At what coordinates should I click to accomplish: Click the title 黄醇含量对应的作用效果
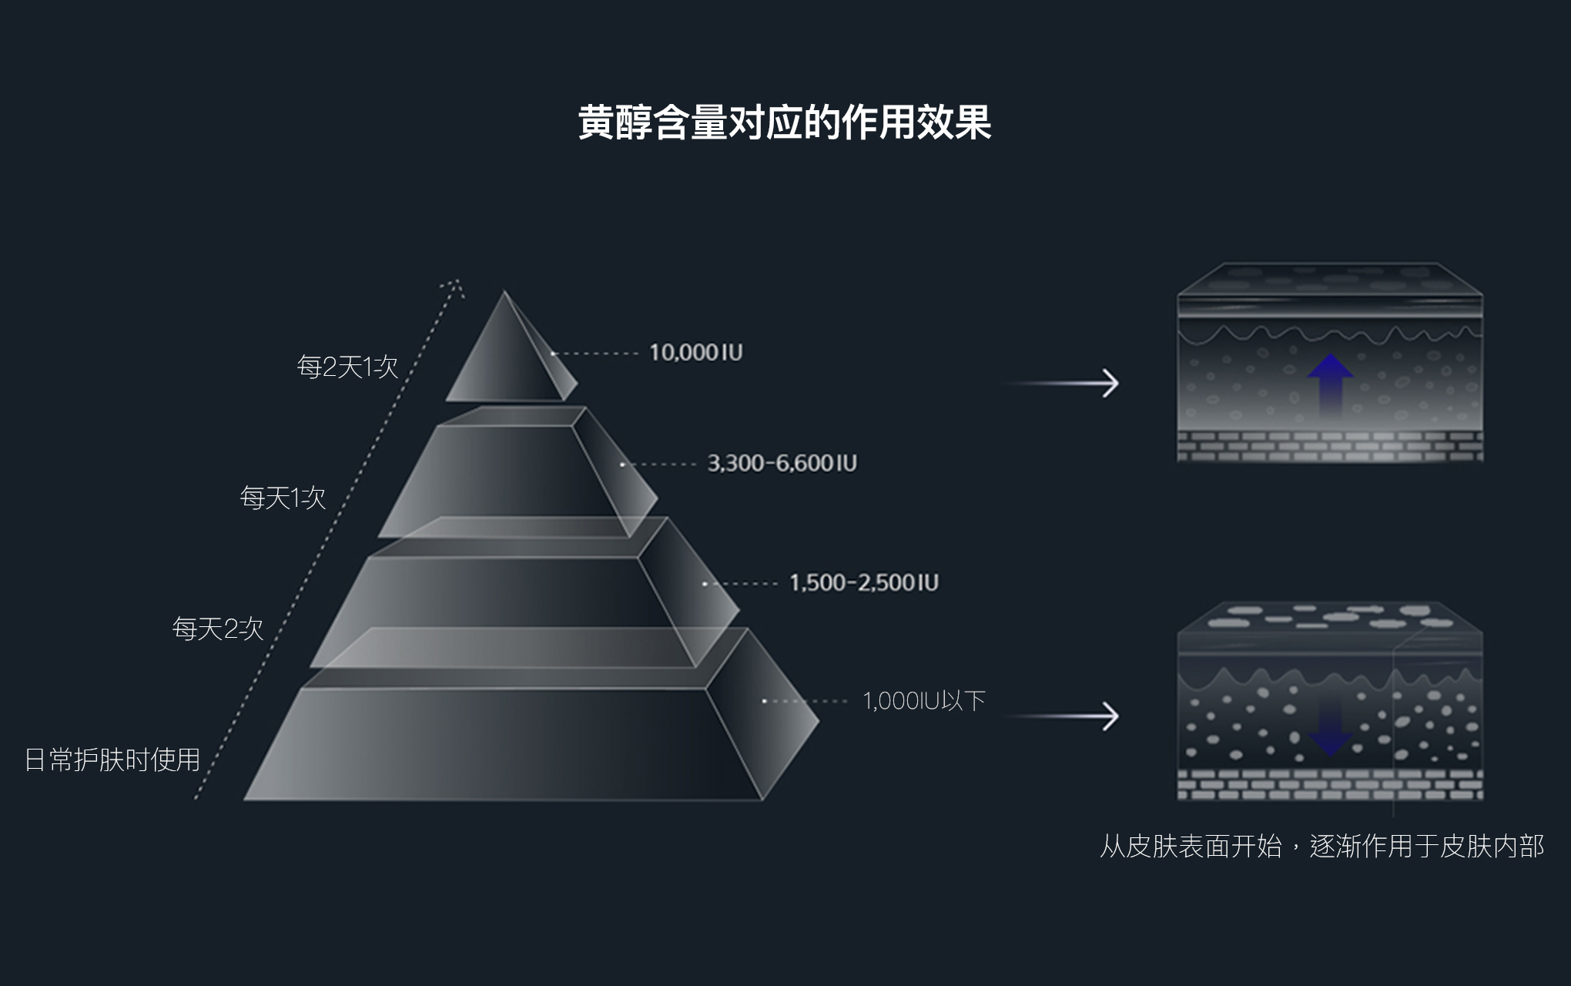(784, 122)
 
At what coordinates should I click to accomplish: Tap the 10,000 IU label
(695, 353)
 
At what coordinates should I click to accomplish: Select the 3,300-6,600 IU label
(782, 463)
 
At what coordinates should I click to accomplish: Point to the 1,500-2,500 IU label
(863, 582)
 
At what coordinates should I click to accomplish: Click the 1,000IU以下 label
(923, 701)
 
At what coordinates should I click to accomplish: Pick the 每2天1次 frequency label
(347, 367)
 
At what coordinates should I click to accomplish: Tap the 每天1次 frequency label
(283, 498)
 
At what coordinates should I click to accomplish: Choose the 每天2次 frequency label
(217, 629)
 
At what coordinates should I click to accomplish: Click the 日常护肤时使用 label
(112, 760)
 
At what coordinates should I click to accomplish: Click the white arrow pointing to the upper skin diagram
(1063, 383)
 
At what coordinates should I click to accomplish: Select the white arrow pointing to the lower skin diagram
(1063, 716)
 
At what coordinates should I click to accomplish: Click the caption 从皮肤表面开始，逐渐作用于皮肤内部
(1321, 847)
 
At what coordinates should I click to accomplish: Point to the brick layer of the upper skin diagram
(1330, 447)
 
